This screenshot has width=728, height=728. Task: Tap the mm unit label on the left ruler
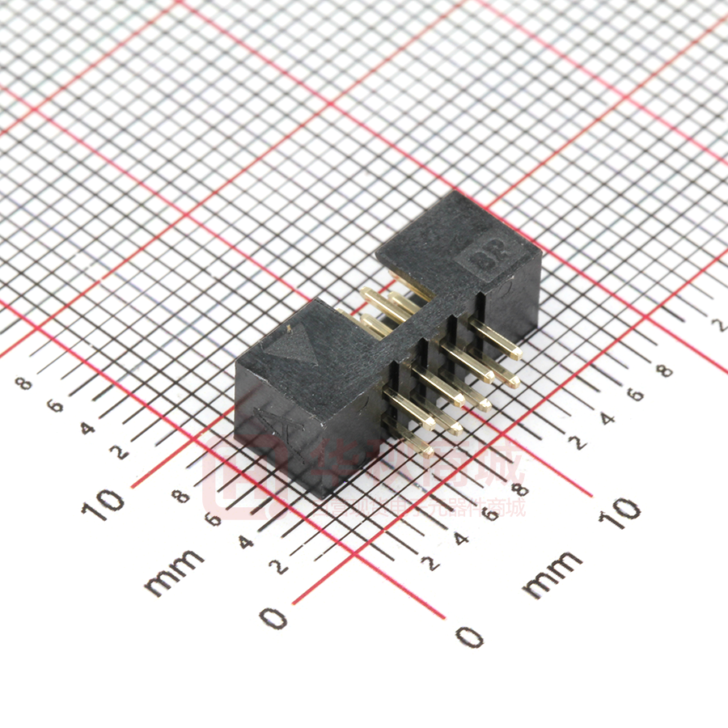click(x=174, y=571)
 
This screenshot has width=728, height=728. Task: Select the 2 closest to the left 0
click(x=280, y=565)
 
